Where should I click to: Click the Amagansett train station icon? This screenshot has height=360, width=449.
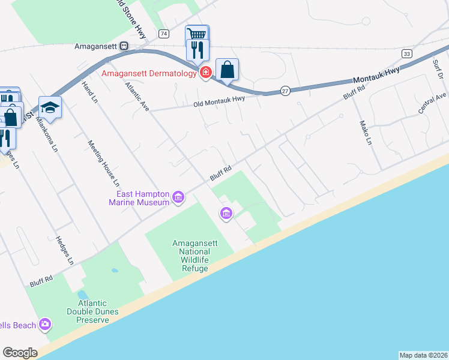point(124,46)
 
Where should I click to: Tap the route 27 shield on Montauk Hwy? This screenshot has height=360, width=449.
point(285,91)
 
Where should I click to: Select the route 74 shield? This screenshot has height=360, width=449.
point(164,34)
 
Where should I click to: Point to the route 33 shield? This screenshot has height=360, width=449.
point(407,53)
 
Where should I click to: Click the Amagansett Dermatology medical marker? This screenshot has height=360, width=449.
point(205,73)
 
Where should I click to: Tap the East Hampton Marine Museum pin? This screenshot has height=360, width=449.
point(178,197)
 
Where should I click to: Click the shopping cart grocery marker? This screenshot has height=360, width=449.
point(197,35)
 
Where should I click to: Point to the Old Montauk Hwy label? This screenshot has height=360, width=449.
point(219,104)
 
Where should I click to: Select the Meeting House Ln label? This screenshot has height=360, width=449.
point(104,163)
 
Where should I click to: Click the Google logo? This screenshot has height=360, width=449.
point(20,353)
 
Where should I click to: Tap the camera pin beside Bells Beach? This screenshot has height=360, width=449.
point(45,325)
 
